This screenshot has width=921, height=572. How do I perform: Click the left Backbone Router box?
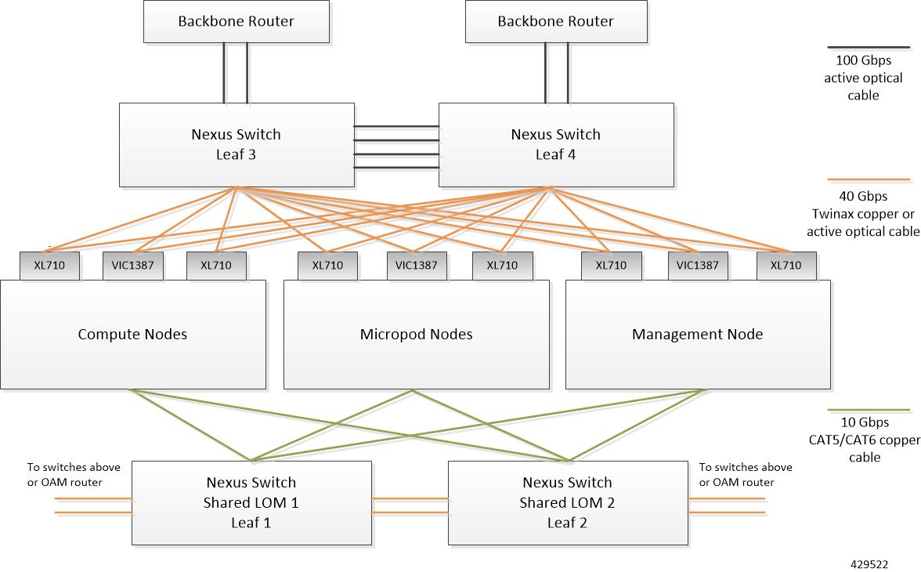[236, 21]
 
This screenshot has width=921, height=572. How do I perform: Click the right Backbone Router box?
[555, 21]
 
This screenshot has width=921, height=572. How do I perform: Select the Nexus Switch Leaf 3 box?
[236, 144]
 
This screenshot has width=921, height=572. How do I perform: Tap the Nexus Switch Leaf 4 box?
[555, 144]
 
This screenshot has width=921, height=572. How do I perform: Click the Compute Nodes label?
[132, 335]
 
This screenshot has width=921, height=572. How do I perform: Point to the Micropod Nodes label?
[416, 335]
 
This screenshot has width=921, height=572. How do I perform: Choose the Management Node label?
[697, 335]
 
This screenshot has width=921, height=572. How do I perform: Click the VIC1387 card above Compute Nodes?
[132, 266]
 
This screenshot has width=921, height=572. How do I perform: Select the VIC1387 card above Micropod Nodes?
[416, 266]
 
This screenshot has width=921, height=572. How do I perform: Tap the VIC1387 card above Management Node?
[697, 266]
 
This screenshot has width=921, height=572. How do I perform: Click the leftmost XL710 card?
[49, 266]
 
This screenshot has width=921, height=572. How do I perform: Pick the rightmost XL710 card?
[786, 266]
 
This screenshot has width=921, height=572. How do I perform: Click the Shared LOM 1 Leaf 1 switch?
[251, 502]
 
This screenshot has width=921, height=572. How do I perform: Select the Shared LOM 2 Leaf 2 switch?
[567, 502]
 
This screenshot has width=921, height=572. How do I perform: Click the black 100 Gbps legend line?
[868, 47]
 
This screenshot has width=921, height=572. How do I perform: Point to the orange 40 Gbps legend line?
[868, 181]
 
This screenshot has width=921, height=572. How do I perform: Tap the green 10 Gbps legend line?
[868, 410]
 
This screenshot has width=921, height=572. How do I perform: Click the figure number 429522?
[869, 563]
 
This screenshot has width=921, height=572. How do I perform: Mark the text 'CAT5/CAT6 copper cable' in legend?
[864, 448]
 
